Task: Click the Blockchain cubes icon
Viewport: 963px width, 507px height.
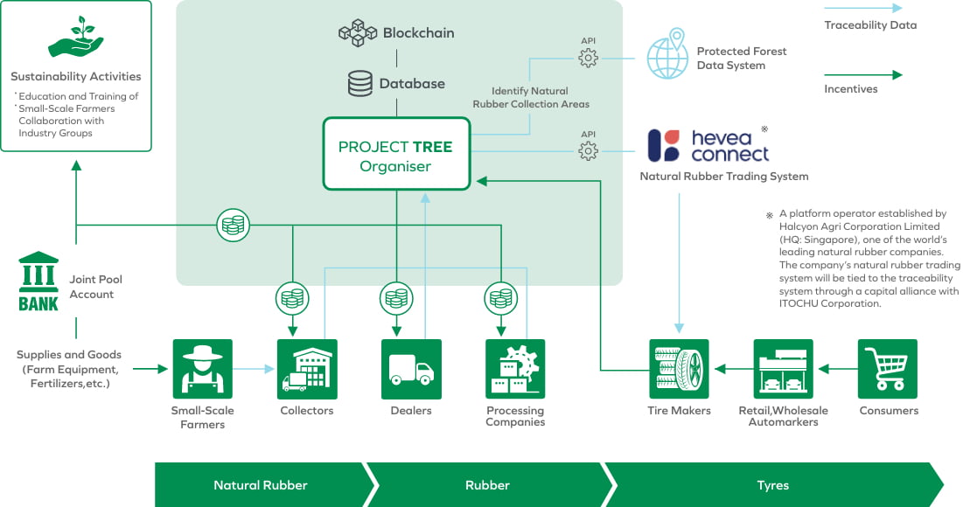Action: pyautogui.click(x=357, y=33)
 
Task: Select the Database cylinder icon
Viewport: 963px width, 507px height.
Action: pyautogui.click(x=359, y=84)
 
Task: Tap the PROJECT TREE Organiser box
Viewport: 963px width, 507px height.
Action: pyautogui.click(x=395, y=154)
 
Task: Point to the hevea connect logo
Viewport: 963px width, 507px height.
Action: pyautogui.click(x=708, y=145)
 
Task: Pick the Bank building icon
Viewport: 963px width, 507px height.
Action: pyautogui.click(x=38, y=282)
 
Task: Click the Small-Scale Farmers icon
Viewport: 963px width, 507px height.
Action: pyautogui.click(x=203, y=369)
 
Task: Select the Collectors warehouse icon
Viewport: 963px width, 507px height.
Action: pyautogui.click(x=307, y=369)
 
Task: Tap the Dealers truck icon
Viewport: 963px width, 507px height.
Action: pyautogui.click(x=411, y=369)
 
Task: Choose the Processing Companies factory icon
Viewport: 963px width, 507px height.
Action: pyautogui.click(x=515, y=369)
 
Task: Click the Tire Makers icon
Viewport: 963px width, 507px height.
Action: pyautogui.click(x=679, y=369)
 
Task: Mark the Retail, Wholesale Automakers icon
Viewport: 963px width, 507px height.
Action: pyautogui.click(x=783, y=369)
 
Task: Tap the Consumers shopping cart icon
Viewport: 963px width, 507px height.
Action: pyautogui.click(x=887, y=369)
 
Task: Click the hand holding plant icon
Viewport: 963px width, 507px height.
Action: pyautogui.click(x=75, y=36)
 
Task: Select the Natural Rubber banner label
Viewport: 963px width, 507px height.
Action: pyautogui.click(x=261, y=485)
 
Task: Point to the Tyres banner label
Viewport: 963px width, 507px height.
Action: pyautogui.click(x=773, y=485)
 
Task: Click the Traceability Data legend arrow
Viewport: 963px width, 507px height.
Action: pyautogui.click(x=862, y=8)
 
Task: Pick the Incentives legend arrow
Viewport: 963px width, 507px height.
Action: pyautogui.click(x=862, y=75)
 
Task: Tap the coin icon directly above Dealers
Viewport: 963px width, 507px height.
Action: pyautogui.click(x=395, y=298)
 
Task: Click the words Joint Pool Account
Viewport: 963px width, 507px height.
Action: pyautogui.click(x=96, y=287)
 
